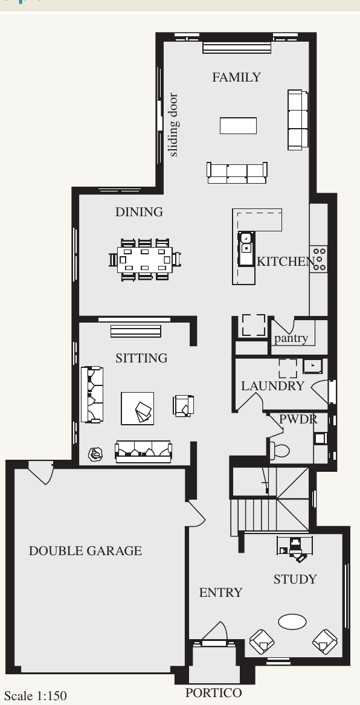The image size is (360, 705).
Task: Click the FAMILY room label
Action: (x=236, y=77)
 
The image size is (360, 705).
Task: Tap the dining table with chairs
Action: (x=145, y=260)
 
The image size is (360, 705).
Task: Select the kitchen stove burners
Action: (x=320, y=259)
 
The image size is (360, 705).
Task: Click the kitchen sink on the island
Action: (x=245, y=249)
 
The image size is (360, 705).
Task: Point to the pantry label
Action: (x=291, y=338)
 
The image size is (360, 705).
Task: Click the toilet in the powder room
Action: (x=279, y=451)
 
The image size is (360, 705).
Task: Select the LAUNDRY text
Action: (x=273, y=386)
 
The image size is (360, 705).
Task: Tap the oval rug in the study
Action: (x=292, y=622)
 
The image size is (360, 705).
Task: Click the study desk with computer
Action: (x=294, y=548)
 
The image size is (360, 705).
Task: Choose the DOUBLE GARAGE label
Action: (x=85, y=551)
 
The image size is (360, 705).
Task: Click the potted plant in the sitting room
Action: (x=95, y=454)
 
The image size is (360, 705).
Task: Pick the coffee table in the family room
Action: (x=238, y=126)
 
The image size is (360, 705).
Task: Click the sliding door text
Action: (x=173, y=124)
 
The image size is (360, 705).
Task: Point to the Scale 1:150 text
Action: (x=36, y=696)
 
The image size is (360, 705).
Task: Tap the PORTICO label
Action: (x=213, y=693)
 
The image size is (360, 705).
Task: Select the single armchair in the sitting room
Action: (x=184, y=405)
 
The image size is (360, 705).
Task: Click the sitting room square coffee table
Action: (x=138, y=408)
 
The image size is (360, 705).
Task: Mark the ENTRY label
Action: (x=220, y=593)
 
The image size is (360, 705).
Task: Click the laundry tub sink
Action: (x=312, y=366)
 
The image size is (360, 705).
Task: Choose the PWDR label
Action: (x=298, y=419)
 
